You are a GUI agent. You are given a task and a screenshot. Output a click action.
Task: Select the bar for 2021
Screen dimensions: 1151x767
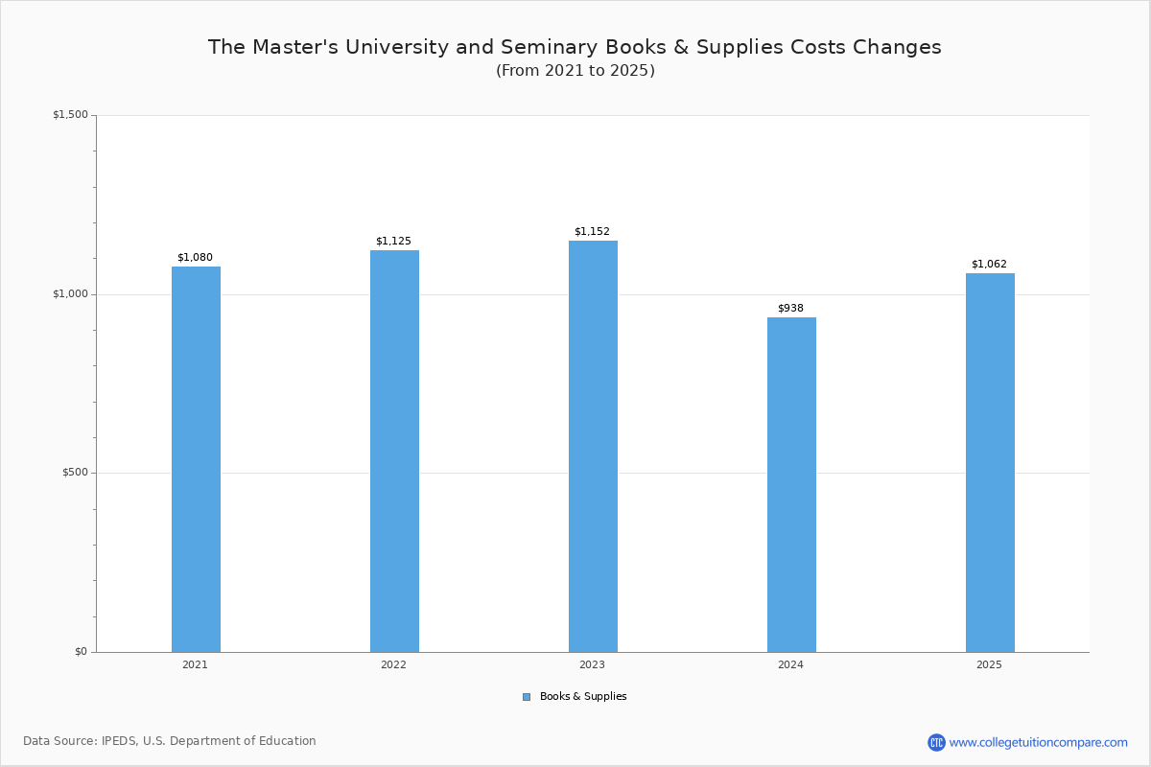click(196, 459)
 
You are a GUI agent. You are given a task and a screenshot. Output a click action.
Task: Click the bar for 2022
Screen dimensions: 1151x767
click(394, 451)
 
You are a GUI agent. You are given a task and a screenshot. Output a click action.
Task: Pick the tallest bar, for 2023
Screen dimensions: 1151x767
click(593, 447)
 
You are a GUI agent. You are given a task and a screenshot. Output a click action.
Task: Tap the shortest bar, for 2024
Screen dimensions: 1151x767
click(791, 485)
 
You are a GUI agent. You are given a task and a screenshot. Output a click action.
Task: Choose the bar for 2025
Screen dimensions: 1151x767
click(990, 463)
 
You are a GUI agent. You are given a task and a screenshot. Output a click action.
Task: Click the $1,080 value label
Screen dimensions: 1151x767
click(196, 257)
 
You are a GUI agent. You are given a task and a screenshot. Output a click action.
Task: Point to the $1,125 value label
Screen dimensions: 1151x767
click(393, 241)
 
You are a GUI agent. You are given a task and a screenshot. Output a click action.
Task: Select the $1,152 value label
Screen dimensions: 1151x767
click(592, 231)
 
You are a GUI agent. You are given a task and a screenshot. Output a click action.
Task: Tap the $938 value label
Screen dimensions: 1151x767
click(790, 308)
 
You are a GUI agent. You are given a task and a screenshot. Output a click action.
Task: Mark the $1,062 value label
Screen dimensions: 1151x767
click(989, 264)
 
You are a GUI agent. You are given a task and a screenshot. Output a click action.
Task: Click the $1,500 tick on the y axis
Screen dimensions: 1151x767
click(70, 114)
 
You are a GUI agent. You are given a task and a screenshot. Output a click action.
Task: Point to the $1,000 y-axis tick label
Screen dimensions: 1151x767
click(70, 293)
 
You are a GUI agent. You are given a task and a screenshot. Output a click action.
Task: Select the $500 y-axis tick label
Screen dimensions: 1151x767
click(76, 472)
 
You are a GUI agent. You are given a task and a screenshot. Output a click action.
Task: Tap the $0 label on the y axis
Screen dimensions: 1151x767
click(82, 651)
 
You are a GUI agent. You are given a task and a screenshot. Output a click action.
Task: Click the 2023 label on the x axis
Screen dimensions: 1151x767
click(592, 664)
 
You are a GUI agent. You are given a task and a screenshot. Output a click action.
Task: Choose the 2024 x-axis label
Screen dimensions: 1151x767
click(790, 664)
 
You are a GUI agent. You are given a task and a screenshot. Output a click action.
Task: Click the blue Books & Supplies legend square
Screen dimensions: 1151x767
click(527, 697)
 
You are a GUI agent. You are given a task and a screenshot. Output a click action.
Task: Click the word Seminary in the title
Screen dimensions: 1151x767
click(550, 47)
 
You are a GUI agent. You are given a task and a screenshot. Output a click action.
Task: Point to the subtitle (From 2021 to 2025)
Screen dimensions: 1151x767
click(575, 70)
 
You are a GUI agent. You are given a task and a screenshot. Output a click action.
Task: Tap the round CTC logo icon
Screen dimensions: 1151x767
click(936, 742)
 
